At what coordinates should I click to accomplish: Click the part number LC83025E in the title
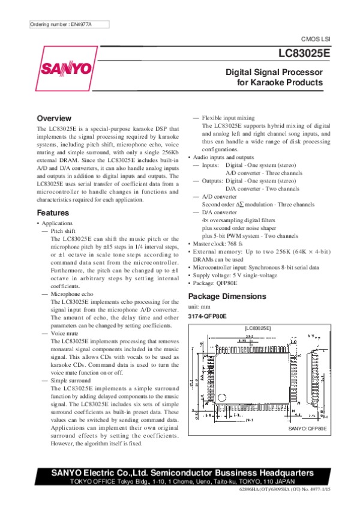pyautogui.click(x=304, y=53)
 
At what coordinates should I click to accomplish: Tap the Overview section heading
pyautogui.click(x=55, y=118)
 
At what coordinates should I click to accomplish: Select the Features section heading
pyautogui.click(x=53, y=213)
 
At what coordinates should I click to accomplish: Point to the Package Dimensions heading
pyautogui.click(x=227, y=297)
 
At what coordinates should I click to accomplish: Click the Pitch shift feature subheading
pyautogui.click(x=64, y=231)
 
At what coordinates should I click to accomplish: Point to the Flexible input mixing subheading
pyautogui.click(x=229, y=118)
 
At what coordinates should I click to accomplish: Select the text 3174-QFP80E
pyautogui.click(x=208, y=316)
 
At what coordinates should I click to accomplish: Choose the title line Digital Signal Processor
pyautogui.click(x=274, y=72)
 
